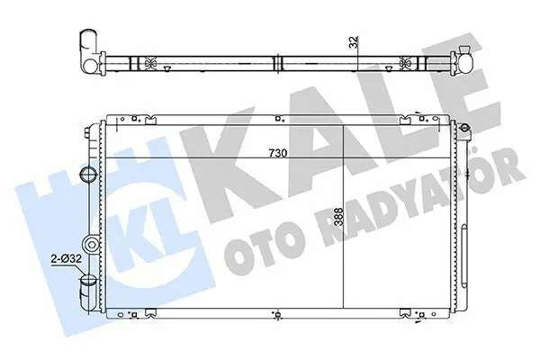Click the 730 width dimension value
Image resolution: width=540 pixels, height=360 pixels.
277,153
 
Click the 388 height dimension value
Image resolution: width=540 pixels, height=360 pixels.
339,217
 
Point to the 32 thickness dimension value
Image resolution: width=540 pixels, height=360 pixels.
355,41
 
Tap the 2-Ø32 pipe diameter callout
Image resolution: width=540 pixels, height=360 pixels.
66,258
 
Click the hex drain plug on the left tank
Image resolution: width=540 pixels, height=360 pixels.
91,245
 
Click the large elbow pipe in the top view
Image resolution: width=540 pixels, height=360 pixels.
89,51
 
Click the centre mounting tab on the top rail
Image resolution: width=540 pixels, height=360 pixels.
278,119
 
